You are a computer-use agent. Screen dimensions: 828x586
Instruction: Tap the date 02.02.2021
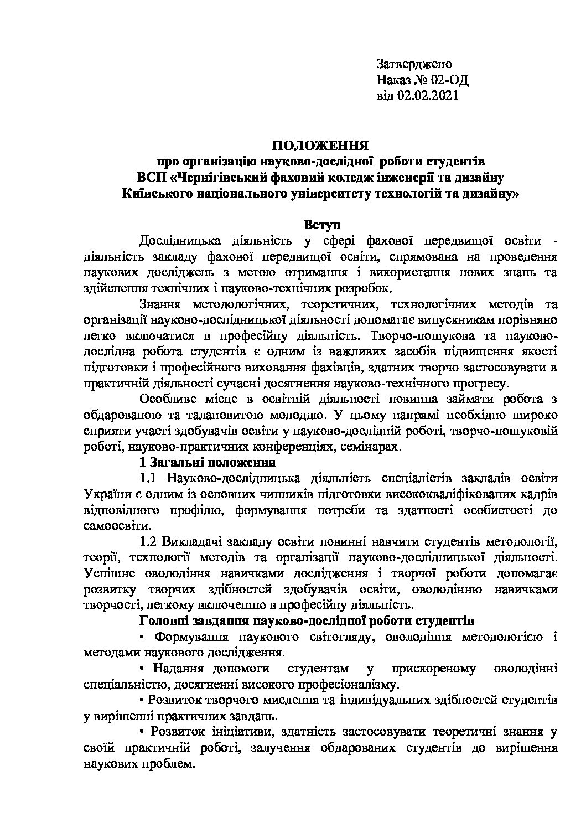tap(426, 96)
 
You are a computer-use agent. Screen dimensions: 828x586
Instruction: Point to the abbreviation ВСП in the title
tap(151, 178)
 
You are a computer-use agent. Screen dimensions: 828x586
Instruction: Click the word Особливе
tap(166, 399)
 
